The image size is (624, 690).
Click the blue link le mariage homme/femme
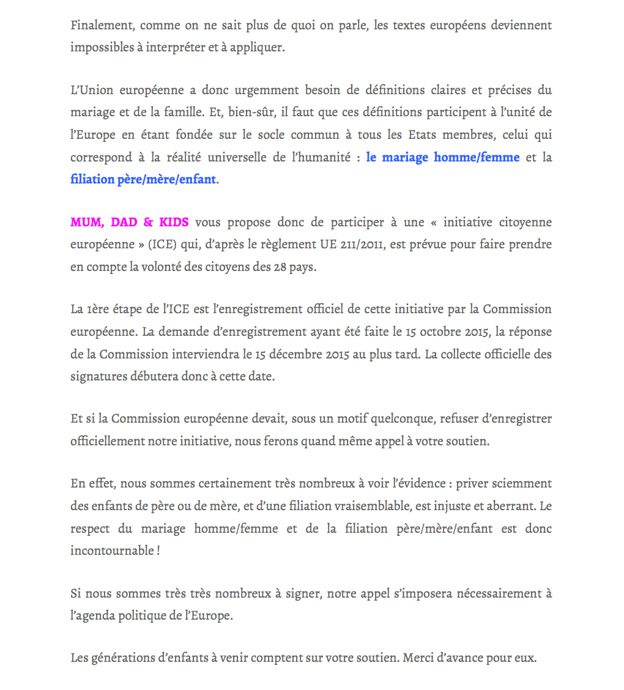(x=443, y=158)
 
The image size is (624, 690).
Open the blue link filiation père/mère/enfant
(x=143, y=180)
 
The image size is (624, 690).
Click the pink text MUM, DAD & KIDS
(x=130, y=223)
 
